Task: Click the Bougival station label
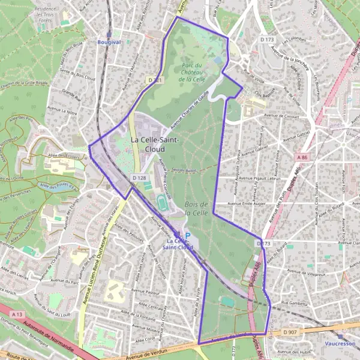(x=109, y=43)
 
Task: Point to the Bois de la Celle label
(x=196, y=208)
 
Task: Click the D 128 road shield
(x=139, y=178)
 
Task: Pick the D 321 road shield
(x=154, y=79)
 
